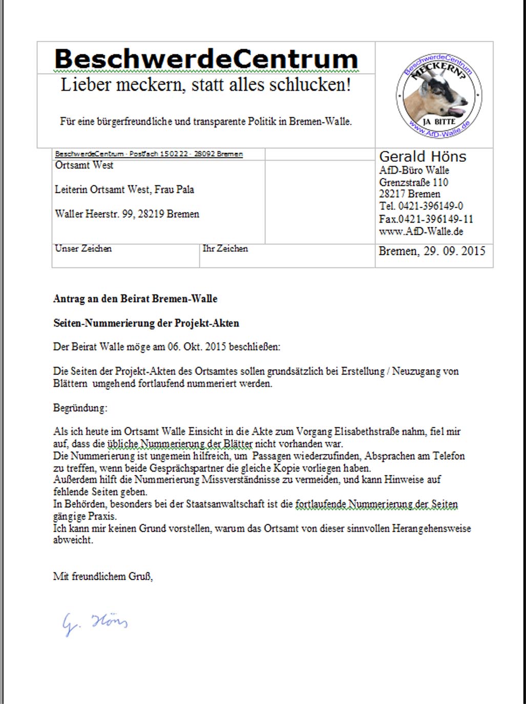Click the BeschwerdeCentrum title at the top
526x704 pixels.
click(x=206, y=59)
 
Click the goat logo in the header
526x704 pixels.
click(x=438, y=96)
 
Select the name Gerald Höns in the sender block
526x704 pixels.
click(x=423, y=157)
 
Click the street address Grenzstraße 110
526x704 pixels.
click(x=413, y=182)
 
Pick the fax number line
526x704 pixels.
click(x=426, y=219)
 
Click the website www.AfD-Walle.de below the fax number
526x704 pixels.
click(x=421, y=231)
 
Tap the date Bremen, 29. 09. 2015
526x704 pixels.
click(x=432, y=251)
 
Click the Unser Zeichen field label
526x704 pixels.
click(x=83, y=249)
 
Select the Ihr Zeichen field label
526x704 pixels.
click(x=225, y=249)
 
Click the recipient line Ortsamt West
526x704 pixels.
click(x=84, y=165)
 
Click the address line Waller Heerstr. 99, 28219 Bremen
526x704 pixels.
click(x=127, y=214)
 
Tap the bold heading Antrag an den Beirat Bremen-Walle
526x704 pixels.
click(x=135, y=299)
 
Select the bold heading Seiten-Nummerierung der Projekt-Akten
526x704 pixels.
click(x=146, y=324)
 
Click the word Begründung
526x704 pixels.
click(x=80, y=408)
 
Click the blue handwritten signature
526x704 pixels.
click(x=95, y=623)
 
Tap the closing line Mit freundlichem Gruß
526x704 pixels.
click(x=103, y=577)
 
